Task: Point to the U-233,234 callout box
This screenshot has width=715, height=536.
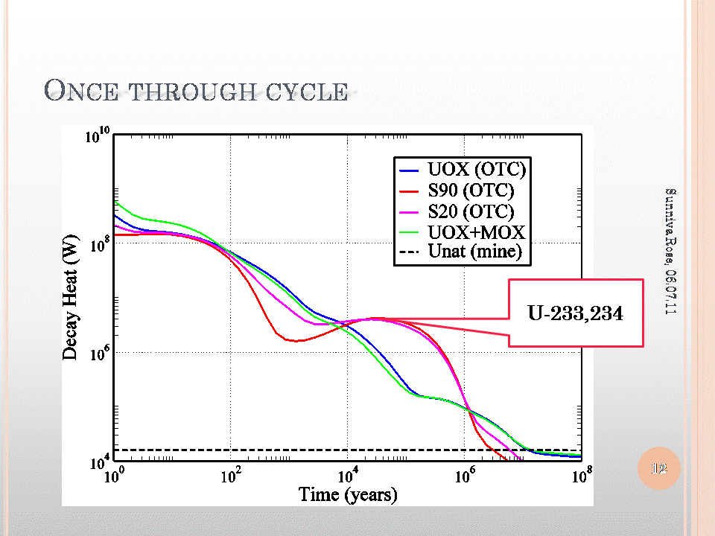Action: point(575,313)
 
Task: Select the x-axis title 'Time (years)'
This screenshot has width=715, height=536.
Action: point(348,494)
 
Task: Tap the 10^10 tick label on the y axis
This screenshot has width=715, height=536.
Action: point(98,137)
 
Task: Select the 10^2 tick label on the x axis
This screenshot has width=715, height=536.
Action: point(231,476)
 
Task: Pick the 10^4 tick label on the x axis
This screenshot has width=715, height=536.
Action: point(348,476)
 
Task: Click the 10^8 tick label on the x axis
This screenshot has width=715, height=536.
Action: point(580,476)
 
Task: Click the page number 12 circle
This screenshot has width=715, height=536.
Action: point(659,468)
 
